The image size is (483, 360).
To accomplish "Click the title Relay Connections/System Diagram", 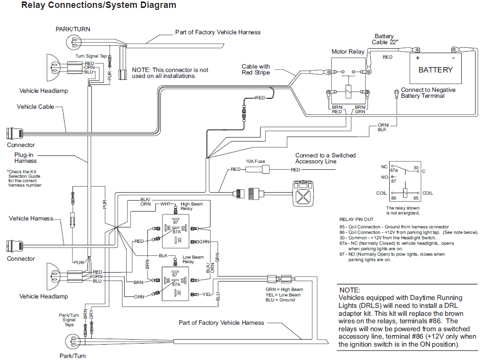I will tap(91, 6).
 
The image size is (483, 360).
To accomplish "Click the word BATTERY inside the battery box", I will tap(435, 70).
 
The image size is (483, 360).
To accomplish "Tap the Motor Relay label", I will tap(347, 52).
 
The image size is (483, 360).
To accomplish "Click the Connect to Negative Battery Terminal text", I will tap(428, 93).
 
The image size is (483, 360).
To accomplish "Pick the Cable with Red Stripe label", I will tap(256, 70).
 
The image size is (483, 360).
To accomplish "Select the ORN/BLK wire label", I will tap(383, 127).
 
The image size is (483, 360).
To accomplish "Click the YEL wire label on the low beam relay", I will tap(207, 294).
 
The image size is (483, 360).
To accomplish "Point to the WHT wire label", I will tap(165, 204).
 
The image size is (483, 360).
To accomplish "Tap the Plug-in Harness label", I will tap(25, 158).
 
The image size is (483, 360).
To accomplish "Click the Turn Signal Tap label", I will tap(91, 57).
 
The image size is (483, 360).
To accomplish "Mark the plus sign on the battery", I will tap(417, 57).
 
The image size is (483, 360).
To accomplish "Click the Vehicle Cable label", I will tap(35, 107).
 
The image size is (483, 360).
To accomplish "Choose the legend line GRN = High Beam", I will tap(284, 289).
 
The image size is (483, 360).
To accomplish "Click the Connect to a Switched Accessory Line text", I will tap(325, 158).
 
